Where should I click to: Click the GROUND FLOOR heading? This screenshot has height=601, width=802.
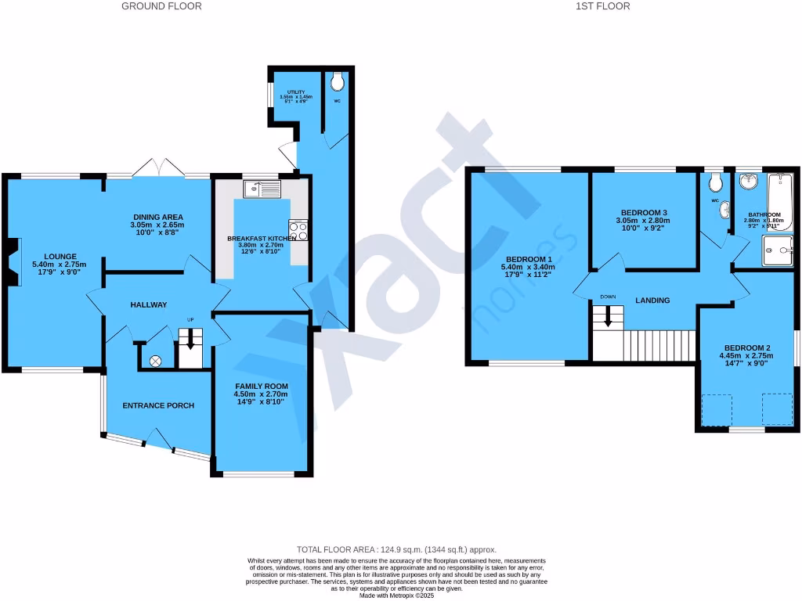click(x=161, y=6)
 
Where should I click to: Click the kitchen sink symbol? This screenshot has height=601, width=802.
click(x=262, y=189)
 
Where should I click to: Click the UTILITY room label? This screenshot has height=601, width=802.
click(x=295, y=92)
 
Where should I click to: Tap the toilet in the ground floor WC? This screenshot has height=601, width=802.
click(x=338, y=82)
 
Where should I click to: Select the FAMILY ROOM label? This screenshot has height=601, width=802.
click(x=262, y=387)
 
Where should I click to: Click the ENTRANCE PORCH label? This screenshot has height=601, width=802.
click(x=157, y=405)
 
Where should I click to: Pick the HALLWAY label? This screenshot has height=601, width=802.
click(x=149, y=304)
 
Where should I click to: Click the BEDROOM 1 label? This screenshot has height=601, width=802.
click(x=529, y=259)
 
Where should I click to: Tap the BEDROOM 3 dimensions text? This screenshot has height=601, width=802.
click(x=644, y=221)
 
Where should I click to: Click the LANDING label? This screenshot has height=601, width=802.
click(x=652, y=300)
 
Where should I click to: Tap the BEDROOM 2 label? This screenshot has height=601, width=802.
click(x=746, y=348)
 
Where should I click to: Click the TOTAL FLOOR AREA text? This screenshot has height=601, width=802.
click(x=396, y=550)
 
